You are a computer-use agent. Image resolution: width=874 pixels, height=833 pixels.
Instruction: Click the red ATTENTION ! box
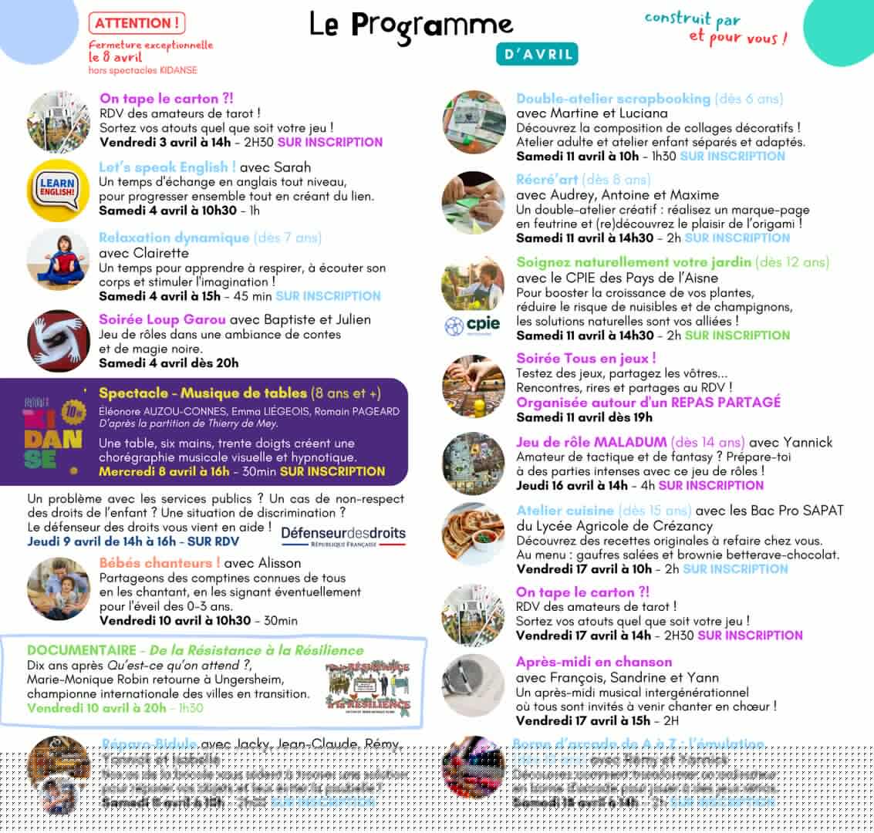click(136, 24)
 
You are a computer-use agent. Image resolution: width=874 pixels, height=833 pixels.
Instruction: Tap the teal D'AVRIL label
click(536, 54)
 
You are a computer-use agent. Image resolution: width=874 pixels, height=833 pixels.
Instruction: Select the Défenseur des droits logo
click(343, 535)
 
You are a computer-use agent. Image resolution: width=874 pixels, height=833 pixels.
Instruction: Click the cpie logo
click(472, 325)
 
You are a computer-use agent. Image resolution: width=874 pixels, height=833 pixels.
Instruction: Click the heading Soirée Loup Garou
click(163, 319)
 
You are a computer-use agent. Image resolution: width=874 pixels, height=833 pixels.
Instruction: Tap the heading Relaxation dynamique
click(174, 238)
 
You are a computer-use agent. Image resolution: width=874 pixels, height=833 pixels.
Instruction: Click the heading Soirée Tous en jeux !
click(586, 358)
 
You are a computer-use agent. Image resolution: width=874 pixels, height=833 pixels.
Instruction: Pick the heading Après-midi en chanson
click(594, 662)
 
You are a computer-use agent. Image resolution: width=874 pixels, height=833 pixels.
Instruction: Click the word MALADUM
click(629, 442)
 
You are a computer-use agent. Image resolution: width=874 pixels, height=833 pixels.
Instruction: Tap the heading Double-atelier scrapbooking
click(613, 99)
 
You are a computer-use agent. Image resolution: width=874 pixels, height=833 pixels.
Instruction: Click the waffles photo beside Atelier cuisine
click(473, 534)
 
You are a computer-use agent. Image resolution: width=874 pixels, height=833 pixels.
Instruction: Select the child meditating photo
click(59, 260)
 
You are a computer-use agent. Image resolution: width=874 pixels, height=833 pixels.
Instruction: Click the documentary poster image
click(367, 686)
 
